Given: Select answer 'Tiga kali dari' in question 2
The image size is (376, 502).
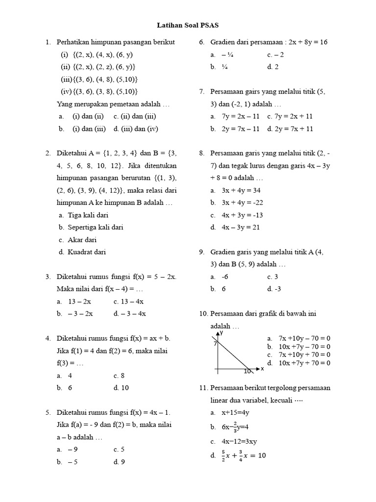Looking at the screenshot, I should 88,215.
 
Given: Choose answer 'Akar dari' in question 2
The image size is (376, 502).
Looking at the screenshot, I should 82,240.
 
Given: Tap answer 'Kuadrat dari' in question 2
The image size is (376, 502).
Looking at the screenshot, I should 87,252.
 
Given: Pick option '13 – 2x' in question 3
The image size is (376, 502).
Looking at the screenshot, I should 79,301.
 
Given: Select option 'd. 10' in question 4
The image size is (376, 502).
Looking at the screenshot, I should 121,387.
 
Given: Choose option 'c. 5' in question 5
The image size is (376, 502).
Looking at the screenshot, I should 119,449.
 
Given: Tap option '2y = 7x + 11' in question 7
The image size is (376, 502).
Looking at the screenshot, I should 295,129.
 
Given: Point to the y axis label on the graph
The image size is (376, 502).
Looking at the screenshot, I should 221,332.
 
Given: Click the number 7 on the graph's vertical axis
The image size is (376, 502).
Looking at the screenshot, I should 214,344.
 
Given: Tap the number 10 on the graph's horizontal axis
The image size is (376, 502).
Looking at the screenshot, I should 247,372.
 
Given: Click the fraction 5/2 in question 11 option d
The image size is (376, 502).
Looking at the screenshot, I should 224,455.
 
